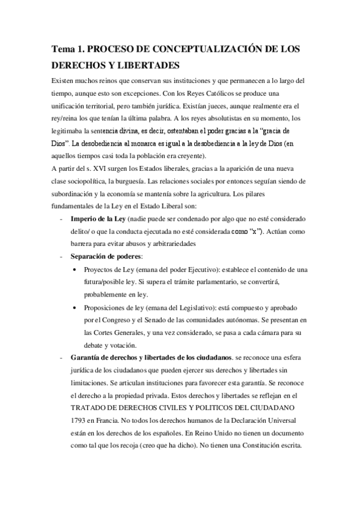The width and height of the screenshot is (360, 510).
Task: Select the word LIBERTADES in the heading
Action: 138,65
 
